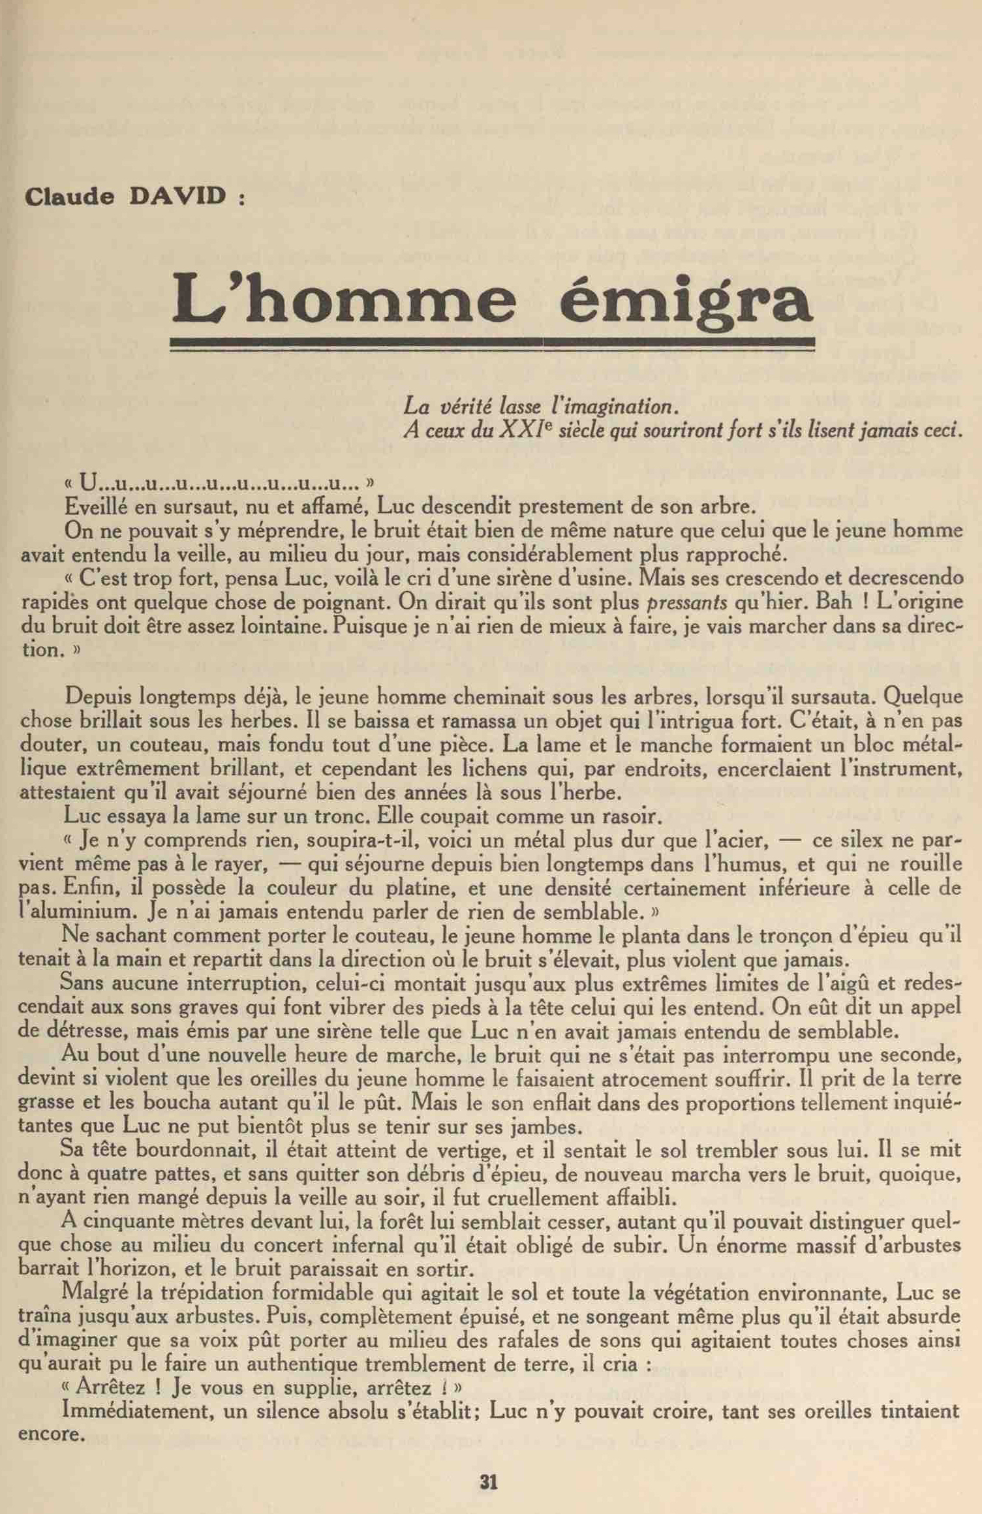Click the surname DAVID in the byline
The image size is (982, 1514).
coord(177,196)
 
